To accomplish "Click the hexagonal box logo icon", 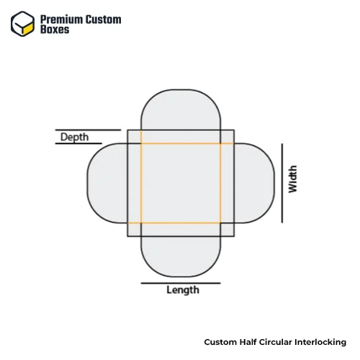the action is coord(22,24).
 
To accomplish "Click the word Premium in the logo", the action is coord(61,19).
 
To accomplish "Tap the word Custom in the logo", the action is coord(104,19).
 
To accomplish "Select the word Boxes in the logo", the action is coord(55,30).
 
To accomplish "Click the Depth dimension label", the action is coord(74,138).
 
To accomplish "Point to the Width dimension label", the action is coord(293,179).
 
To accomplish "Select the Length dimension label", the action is coord(183,290).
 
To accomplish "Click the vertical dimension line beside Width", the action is coord(282,183).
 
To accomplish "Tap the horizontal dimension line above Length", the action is coord(181,283).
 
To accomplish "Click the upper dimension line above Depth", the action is coord(88,130).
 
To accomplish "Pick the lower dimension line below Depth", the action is coord(78,143).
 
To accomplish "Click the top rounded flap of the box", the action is coord(181,110).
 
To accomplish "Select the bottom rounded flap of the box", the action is coord(181,256).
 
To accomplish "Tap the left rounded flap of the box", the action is coord(107,183).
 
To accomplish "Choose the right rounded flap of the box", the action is coord(254,183).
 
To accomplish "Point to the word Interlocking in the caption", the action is coord(320,342).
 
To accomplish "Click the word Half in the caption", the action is coord(248,342).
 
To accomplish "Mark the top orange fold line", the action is coord(181,143).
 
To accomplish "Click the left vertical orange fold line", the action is coord(141,183).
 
